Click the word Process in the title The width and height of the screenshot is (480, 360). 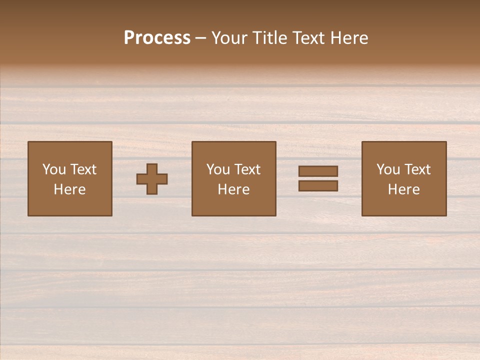pyautogui.click(x=157, y=38)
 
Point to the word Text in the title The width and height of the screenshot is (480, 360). pyautogui.click(x=310, y=38)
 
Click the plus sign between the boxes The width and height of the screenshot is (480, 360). pyautogui.click(x=152, y=179)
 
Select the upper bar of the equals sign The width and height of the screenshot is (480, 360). pyautogui.click(x=318, y=171)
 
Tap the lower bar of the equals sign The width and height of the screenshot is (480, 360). pyautogui.click(x=318, y=186)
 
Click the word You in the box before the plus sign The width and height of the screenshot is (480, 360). pyautogui.click(x=54, y=169)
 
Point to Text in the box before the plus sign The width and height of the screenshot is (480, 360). pyautogui.click(x=82, y=169)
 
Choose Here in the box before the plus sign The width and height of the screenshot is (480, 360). pyautogui.click(x=69, y=189)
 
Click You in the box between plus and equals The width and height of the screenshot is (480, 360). pyautogui.click(x=218, y=169)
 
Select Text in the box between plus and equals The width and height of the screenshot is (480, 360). pyautogui.click(x=246, y=169)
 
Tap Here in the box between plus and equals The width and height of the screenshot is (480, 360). pyautogui.click(x=233, y=189)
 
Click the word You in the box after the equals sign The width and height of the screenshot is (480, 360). pyautogui.click(x=388, y=169)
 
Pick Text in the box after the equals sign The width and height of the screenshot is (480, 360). pyautogui.click(x=416, y=169)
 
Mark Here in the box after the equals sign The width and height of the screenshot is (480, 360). pyautogui.click(x=403, y=189)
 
